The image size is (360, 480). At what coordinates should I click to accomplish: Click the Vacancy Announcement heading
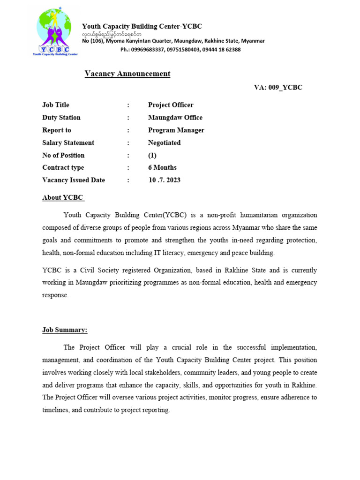pos(127,74)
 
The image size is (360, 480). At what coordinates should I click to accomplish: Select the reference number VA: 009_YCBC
pos(278,88)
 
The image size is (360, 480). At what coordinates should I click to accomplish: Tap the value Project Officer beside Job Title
pos(171,105)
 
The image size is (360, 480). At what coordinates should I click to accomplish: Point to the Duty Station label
pos(61,118)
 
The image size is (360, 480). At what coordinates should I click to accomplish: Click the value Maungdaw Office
pos(175,118)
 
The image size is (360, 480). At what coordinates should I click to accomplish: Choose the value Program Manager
pos(176,130)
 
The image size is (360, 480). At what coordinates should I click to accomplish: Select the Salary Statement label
pos(68,143)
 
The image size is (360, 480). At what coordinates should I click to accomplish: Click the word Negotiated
pos(164,143)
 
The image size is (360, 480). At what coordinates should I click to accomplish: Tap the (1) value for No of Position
pos(152,155)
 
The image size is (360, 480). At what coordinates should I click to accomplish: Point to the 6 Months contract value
pos(162,168)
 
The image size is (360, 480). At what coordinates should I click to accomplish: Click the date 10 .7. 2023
pos(165,180)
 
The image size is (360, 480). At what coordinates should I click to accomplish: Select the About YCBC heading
pos(63,198)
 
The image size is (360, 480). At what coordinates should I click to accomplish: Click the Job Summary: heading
pos(65,330)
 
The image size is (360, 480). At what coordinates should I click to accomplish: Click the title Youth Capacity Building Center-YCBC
pos(142,26)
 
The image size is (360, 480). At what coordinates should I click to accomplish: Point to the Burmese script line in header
pos(112,34)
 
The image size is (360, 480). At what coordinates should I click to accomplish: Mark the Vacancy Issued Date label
pos(74,180)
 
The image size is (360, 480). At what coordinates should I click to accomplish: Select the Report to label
pos(57,130)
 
